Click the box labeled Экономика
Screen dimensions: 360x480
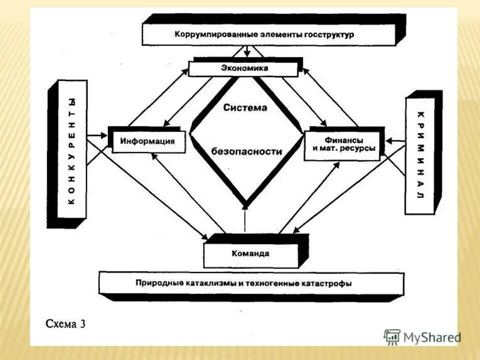coord(244,68)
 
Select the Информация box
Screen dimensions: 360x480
coord(147,141)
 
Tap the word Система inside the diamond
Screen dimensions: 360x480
coord(245,107)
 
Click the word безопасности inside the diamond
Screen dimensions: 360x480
coord(246,151)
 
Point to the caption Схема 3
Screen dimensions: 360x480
coord(65,323)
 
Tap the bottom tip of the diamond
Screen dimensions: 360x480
coord(245,204)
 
